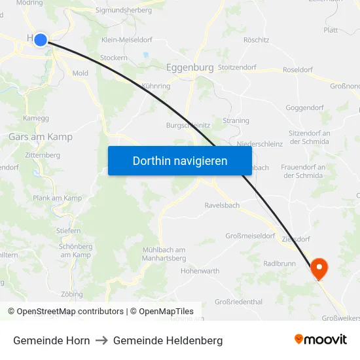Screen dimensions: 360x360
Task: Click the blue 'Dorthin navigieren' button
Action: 180,160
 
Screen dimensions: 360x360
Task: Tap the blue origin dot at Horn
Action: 41,40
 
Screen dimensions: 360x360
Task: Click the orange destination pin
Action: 319,268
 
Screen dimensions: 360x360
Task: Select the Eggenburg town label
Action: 190,67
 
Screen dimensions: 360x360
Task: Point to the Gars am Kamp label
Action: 41,137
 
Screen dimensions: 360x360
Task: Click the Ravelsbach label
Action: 222,205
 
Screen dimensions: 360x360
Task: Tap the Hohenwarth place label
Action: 200,270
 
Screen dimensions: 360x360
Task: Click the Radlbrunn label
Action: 279,263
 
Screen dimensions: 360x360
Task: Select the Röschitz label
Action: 256,40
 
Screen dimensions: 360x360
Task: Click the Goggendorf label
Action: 305,107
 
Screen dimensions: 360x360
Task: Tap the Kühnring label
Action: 156,86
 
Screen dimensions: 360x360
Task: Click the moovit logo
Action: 321,339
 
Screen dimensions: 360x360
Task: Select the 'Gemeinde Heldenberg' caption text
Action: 168,340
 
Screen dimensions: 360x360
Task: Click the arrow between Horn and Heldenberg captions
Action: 101,340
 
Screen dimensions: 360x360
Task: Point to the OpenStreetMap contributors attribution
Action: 65,312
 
